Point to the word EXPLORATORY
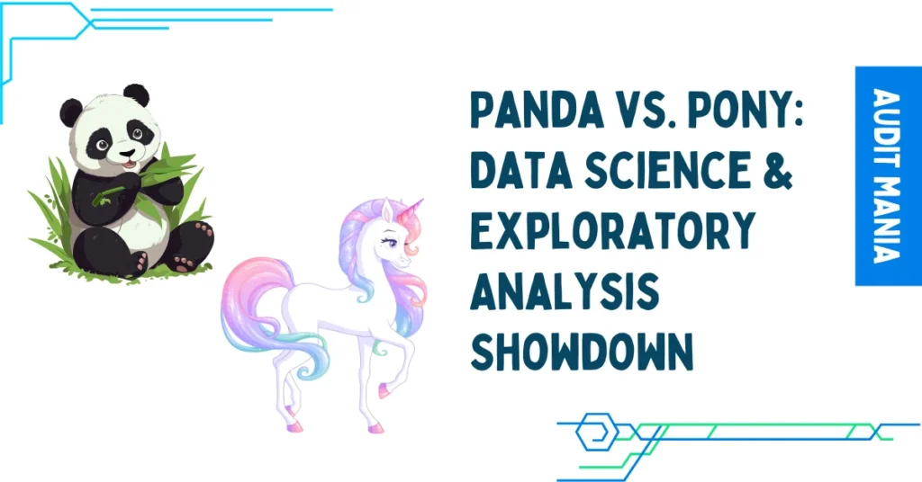(612, 230)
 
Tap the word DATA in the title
(520, 170)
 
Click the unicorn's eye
(391, 241)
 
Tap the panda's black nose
(126, 155)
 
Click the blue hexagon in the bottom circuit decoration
(597, 433)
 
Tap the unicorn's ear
(387, 209)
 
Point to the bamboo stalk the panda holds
(108, 195)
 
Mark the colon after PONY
(795, 112)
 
